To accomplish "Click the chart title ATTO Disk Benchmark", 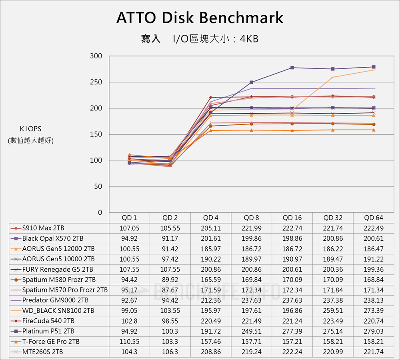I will (x=200, y=18).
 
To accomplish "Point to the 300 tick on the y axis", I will (x=96, y=56).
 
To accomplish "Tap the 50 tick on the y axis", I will (x=98, y=186).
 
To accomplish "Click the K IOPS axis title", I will (x=30, y=129).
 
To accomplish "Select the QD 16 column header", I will (x=292, y=218).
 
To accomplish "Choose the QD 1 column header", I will (x=129, y=218).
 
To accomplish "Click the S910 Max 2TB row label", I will (x=43, y=228).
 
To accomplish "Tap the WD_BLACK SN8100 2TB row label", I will (x=58, y=310).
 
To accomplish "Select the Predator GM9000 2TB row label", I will (x=55, y=300).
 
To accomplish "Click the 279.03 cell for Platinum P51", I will (x=374, y=331).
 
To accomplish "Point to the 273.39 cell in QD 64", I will (x=374, y=310).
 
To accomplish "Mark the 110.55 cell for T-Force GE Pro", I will (x=129, y=342).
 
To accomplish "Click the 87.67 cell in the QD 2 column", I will (x=170, y=290).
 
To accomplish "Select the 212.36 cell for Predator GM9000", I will (x=211, y=300).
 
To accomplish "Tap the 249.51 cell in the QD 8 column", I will (x=251, y=331).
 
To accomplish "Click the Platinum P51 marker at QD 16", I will (x=292, y=68).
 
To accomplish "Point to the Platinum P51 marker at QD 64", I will (x=374, y=67).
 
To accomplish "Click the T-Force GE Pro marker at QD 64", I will (x=374, y=130).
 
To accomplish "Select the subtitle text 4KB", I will (x=249, y=39).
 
